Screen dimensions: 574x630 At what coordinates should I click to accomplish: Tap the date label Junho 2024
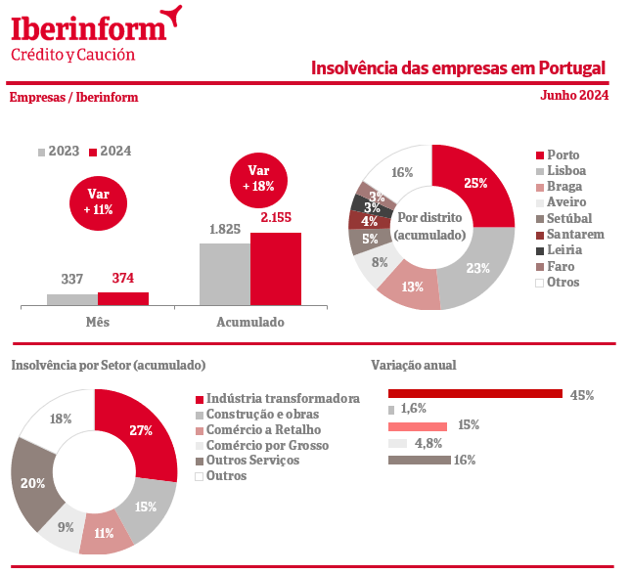573,95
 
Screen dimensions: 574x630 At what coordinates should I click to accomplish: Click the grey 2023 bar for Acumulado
225,274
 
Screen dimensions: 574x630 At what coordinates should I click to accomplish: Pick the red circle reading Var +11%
98,202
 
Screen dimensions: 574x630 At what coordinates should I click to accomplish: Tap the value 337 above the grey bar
72,279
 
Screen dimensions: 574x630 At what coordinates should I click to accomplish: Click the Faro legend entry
561,266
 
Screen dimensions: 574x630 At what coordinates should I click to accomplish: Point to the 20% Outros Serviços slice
32,483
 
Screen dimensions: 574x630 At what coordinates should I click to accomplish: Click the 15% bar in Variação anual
418,426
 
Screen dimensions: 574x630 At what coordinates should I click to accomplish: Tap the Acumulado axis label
250,322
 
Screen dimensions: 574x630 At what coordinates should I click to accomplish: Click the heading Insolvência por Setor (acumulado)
108,365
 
